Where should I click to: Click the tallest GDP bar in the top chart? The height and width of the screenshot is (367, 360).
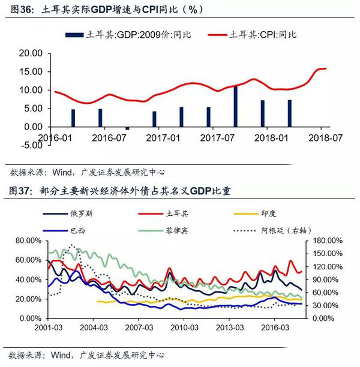pyautogui.click(x=236, y=107)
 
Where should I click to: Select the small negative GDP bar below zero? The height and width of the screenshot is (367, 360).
pyautogui.click(x=127, y=128)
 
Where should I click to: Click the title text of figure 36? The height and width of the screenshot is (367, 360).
pyautogui.click(x=102, y=10)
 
